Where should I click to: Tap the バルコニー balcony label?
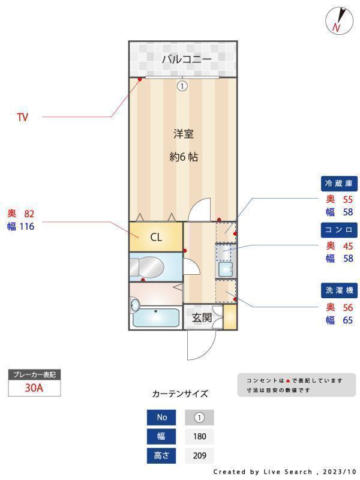(186, 59)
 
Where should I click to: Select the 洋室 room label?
(184, 134)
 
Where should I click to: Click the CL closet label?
(156, 237)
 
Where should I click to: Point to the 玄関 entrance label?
(202, 318)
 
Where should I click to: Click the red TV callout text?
(22, 118)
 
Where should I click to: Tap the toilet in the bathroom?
(151, 266)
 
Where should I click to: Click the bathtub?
(155, 317)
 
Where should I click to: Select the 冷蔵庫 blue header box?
(340, 183)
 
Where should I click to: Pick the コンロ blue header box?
(340, 230)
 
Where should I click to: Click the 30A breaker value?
(34, 388)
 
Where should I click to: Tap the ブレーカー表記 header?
(34, 375)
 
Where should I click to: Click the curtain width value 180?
(199, 436)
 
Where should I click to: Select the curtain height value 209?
(199, 455)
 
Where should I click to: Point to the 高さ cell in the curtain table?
(162, 455)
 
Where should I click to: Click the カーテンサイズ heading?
(180, 394)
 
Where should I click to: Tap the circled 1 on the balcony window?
(182, 86)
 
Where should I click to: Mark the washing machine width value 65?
(347, 320)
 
